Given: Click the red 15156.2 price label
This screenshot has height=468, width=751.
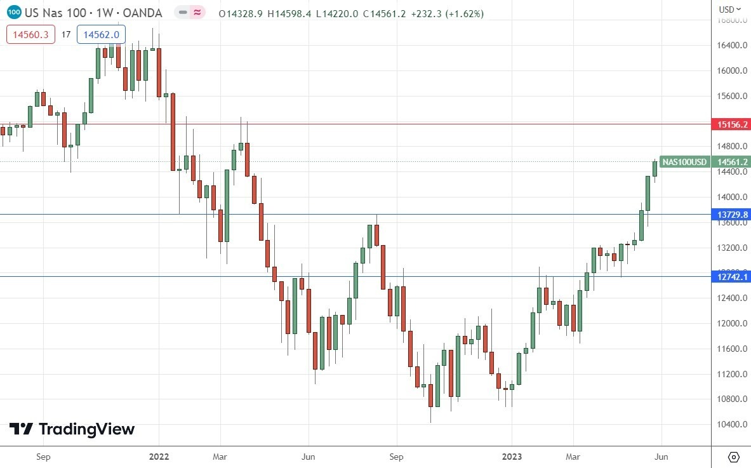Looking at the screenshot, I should pos(733,124).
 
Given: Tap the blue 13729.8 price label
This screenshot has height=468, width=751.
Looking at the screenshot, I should pos(733,215).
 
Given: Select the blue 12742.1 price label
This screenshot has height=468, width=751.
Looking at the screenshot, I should pos(733,276).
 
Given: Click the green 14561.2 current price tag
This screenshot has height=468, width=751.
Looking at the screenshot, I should pos(733,162).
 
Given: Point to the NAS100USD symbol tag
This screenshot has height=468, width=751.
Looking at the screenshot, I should pos(685,162).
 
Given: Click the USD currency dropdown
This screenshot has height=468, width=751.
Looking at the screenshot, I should pos(729,9).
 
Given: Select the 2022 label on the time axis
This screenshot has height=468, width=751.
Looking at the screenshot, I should pos(159,456).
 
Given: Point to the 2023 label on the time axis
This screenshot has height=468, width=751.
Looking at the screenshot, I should pos(512,456).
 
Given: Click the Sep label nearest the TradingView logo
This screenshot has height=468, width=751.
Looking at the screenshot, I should pos(43,456).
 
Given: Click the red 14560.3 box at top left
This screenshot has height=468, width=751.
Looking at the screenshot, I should pos(30,34).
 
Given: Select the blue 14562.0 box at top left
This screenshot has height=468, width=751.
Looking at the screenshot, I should pos(102,34).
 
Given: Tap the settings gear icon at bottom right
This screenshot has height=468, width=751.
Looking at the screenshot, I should pos(734,457).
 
